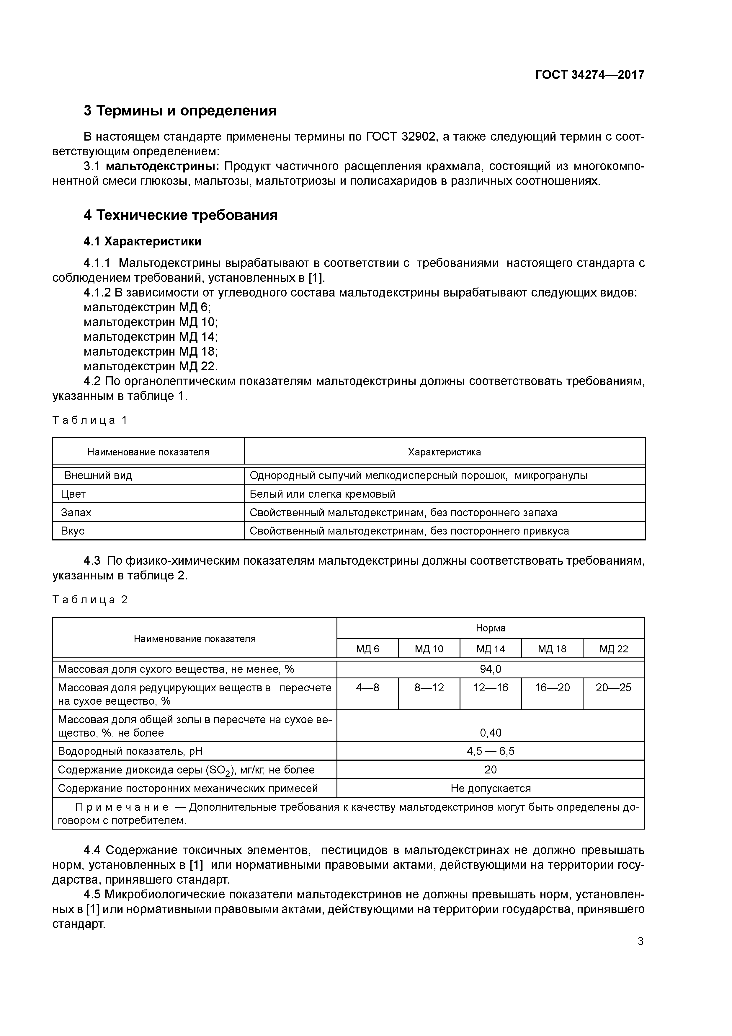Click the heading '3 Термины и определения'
[x=180, y=110]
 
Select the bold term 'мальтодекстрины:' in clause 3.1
[x=162, y=167]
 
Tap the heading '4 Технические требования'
[x=180, y=215]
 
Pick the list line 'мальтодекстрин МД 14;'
[x=151, y=337]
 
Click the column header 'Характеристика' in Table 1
[x=444, y=452]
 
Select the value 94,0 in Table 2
[x=490, y=669]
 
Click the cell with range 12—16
[x=490, y=688]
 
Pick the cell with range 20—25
[x=613, y=688]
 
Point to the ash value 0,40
[x=490, y=733]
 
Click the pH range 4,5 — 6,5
[x=490, y=751]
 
